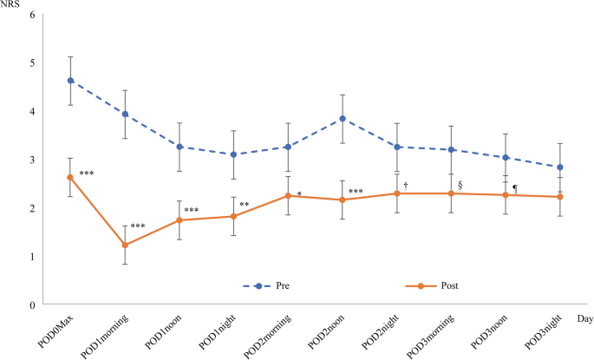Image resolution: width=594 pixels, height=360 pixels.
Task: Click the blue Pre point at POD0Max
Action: (x=70, y=81)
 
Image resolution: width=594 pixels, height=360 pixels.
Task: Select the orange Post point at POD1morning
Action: (x=124, y=245)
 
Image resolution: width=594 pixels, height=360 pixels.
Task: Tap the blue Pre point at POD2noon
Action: (x=343, y=119)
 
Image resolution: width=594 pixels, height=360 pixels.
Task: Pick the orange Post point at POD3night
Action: (x=561, y=197)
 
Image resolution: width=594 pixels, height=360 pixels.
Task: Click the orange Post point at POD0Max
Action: (x=70, y=177)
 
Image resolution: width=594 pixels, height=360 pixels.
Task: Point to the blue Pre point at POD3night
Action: (x=561, y=167)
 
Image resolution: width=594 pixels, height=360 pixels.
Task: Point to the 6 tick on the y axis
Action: (x=32, y=15)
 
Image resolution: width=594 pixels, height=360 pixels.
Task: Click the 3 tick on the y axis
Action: (x=32, y=160)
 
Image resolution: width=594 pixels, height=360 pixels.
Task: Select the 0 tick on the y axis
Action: (x=32, y=304)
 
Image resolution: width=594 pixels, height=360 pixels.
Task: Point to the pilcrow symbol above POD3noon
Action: (x=514, y=187)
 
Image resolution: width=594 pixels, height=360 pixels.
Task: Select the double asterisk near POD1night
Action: (x=245, y=205)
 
